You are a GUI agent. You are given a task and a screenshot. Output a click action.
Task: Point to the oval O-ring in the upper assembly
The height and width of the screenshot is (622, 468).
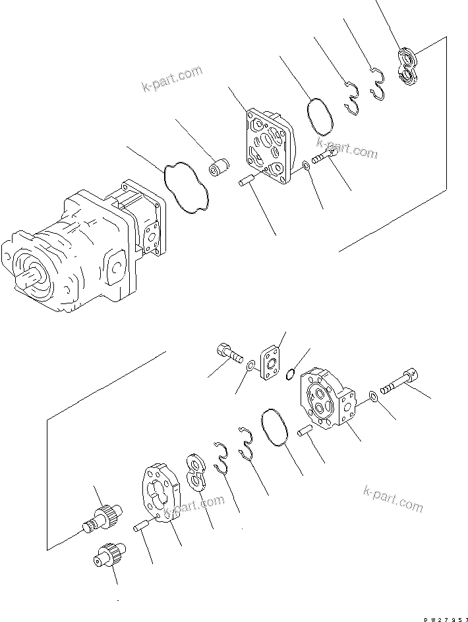click(320, 114)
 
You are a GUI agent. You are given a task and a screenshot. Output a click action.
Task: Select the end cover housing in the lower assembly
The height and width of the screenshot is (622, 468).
click(327, 401)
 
